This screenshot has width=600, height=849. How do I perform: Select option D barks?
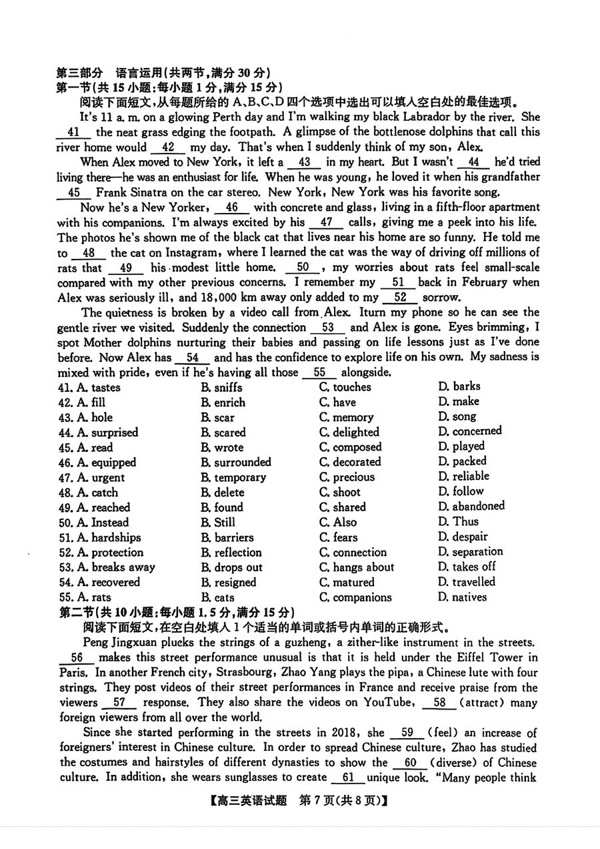pos(459,386)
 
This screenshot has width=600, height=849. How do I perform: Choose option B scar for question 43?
pos(217,417)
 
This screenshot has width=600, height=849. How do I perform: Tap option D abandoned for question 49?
pos(471,506)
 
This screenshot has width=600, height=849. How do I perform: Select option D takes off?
pos(467,566)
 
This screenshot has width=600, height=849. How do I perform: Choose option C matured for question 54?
pos(347,582)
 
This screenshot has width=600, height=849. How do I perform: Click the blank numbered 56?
pos(77,657)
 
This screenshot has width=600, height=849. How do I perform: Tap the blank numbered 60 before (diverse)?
pos(410,762)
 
